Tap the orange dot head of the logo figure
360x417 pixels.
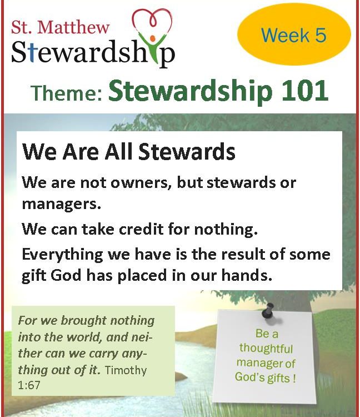point(153,38)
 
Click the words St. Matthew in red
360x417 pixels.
point(61,27)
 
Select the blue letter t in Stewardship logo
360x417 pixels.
point(32,52)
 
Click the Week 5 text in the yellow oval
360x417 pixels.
point(293,35)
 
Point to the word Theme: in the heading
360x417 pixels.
point(67,93)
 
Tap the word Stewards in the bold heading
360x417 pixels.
point(187,152)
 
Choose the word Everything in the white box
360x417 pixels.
point(62,255)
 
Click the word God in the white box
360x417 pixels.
point(66,275)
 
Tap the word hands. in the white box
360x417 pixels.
point(247,275)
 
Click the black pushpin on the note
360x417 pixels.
point(268,310)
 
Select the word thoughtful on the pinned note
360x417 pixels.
point(266,348)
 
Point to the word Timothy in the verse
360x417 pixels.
point(126,370)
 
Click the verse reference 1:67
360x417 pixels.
point(29,385)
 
